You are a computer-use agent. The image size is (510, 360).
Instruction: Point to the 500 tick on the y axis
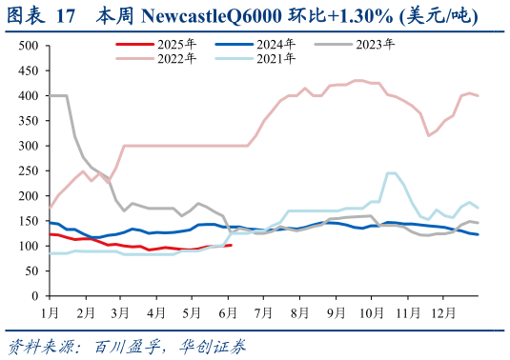[x=29, y=46]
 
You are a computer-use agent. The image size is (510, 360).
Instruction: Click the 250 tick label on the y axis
[x=29, y=170]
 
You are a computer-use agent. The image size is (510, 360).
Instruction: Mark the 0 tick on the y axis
[x=35, y=295]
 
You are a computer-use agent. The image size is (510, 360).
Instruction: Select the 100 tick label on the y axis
[x=29, y=246]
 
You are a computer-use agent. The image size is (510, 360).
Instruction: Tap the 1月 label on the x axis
[x=48, y=311]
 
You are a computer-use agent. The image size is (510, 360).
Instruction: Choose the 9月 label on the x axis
[x=337, y=311]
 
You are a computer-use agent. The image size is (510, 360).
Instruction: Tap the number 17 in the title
[x=66, y=14]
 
